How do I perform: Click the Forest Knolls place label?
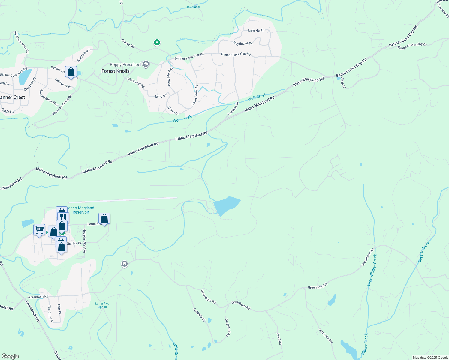115,71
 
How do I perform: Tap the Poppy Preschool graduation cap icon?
146,64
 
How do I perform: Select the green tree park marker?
157,43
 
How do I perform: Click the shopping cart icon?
39,230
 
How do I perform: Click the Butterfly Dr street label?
256,31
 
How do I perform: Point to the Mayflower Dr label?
243,43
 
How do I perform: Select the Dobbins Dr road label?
233,109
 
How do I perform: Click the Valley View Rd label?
195,95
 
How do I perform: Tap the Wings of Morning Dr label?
412,46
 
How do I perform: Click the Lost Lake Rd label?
326,336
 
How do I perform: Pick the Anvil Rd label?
279,339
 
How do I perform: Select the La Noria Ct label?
199,315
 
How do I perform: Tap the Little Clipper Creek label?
372,270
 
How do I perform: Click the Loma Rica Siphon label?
102,305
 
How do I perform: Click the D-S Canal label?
193,7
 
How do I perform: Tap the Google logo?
10,356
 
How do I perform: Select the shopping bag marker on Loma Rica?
104,218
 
